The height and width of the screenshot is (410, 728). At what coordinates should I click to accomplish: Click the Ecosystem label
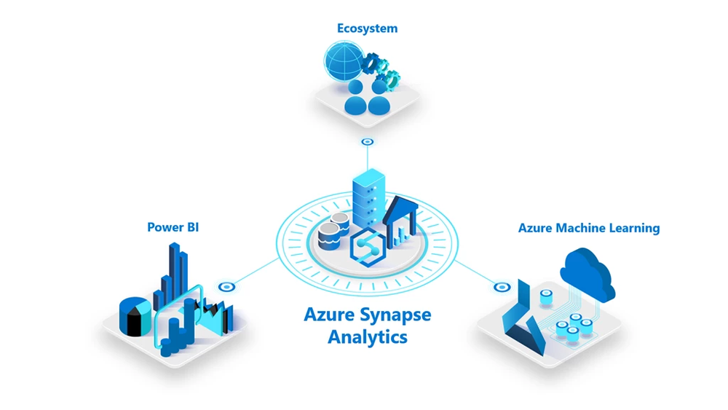tap(367, 28)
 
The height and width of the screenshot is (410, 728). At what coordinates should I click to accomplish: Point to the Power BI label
tap(173, 227)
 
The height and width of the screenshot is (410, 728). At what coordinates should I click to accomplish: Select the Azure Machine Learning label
tap(588, 228)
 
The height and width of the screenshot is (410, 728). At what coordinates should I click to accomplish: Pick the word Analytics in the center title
tap(367, 337)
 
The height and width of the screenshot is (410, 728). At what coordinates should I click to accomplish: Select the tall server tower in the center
tap(368, 197)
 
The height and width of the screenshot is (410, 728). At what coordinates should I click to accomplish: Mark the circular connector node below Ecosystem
tap(368, 142)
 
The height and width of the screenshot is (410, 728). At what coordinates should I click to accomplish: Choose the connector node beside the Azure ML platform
tap(500, 287)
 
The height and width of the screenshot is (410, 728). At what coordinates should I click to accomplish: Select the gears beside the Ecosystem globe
tap(383, 69)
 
